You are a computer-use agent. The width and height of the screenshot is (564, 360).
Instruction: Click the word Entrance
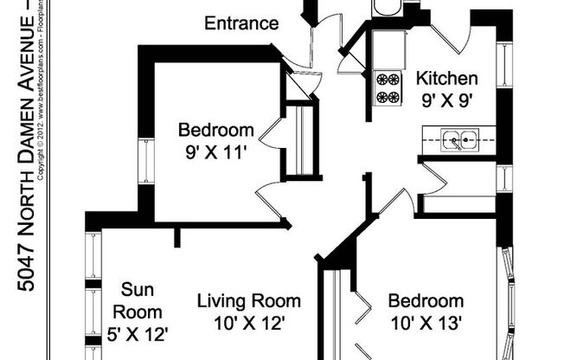coord(241,23)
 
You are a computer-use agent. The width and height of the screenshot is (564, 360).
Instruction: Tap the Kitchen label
coord(446,79)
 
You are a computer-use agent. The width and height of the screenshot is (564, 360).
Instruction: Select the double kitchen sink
coord(459,138)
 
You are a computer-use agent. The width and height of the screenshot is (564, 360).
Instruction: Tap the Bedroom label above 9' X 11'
coord(216,132)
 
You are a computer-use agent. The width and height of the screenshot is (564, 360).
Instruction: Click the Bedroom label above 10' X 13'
coord(425,302)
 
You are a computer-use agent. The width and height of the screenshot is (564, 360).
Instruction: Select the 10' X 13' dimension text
coord(425,325)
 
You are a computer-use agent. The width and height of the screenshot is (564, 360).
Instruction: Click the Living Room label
coord(249,302)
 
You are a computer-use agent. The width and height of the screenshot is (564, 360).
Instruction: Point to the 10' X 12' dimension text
coord(249,325)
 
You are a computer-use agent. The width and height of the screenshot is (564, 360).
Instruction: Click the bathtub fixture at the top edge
coord(386,8)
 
